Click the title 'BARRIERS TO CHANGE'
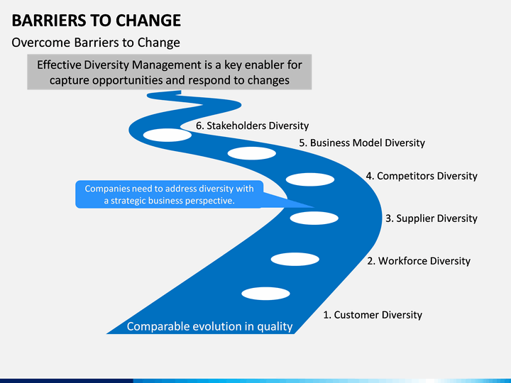[x=96, y=20]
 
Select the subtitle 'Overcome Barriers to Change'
[x=96, y=43]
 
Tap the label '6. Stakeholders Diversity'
[x=252, y=126]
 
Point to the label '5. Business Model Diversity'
[x=362, y=143]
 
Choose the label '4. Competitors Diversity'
[x=422, y=176]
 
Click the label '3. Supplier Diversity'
[x=432, y=218]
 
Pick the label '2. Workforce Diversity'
[x=419, y=261]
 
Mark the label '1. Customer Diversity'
[x=373, y=315]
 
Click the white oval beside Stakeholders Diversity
[x=167, y=135]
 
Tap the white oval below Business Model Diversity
[x=251, y=153]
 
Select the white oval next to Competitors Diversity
[x=310, y=179]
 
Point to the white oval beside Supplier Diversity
[x=314, y=218]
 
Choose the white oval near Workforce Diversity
[x=295, y=260]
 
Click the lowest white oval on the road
[x=266, y=294]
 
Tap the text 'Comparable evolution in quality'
[x=209, y=326]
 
